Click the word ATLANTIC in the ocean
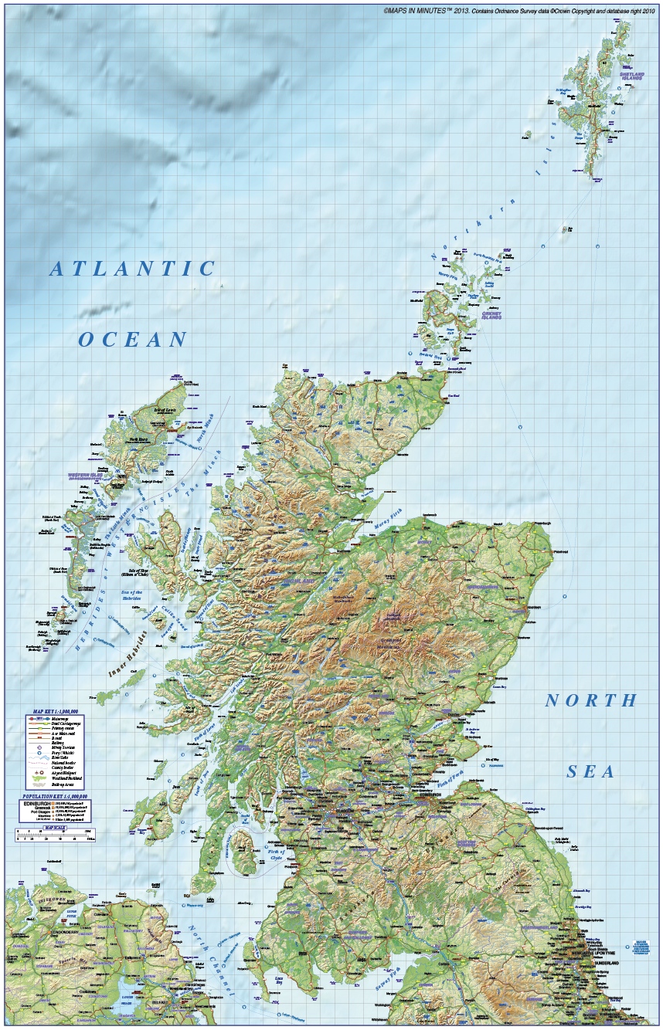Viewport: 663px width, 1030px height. click(x=132, y=269)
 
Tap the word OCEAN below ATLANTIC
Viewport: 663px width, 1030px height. click(x=133, y=339)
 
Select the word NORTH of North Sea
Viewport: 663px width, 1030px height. click(x=591, y=701)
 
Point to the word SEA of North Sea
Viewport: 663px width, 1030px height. click(x=591, y=771)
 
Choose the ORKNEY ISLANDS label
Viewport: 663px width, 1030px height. click(x=491, y=315)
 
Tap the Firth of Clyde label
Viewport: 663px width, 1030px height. click(x=277, y=855)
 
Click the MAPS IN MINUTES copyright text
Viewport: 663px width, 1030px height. click(x=518, y=11)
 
